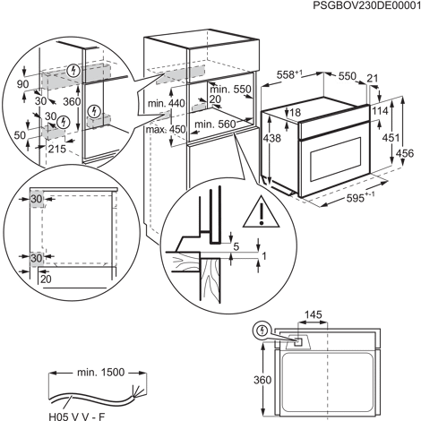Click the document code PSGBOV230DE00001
click(x=366, y=6)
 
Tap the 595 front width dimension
click(x=360, y=198)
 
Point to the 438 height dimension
click(x=271, y=138)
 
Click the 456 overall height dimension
click(x=405, y=153)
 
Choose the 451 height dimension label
click(x=391, y=138)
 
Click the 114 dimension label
click(x=380, y=111)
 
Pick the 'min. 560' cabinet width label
click(x=215, y=124)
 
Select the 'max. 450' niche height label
click(x=166, y=130)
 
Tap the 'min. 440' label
click(x=167, y=104)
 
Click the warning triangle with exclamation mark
click(x=262, y=211)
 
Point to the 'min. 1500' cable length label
click(x=100, y=373)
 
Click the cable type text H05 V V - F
click(x=77, y=416)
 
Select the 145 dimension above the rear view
click(x=314, y=314)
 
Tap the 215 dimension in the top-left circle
click(x=57, y=149)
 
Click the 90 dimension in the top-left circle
click(x=22, y=84)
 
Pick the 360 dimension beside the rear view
click(x=262, y=380)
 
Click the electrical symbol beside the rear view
click(x=262, y=331)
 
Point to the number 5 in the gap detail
click(x=236, y=246)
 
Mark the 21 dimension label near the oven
click(x=373, y=79)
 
